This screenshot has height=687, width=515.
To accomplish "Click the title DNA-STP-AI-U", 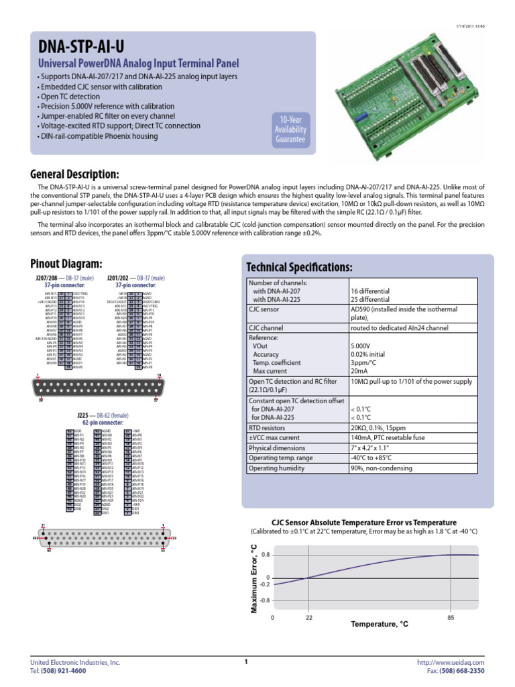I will point(81,46).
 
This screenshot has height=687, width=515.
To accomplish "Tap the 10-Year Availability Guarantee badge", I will point(290,129).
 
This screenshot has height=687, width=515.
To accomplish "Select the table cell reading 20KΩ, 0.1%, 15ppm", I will point(379,428).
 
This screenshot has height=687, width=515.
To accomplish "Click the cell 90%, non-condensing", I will point(379,468).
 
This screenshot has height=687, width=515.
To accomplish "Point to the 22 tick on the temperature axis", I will point(308,617).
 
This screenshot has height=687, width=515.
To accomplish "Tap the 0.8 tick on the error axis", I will point(266,555).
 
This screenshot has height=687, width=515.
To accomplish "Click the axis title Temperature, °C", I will point(379,625).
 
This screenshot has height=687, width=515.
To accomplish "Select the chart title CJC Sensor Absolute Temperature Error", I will point(363,523).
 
